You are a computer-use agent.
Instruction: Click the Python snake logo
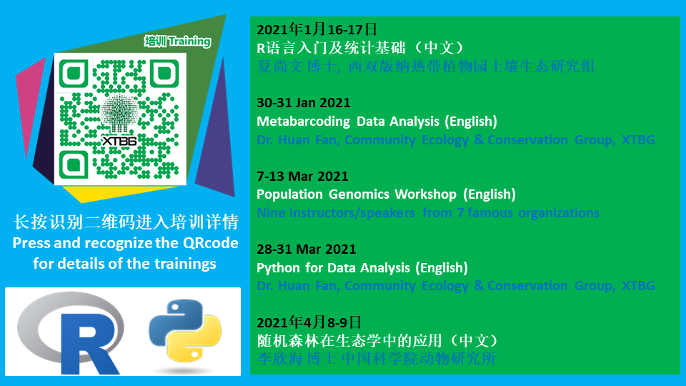[185, 330]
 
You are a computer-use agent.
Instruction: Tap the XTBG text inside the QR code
[119, 141]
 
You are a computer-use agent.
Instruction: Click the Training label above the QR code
[190, 41]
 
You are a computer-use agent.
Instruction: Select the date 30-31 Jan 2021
[303, 103]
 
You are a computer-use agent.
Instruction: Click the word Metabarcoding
[303, 122]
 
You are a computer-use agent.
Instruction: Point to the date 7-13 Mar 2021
[302, 177]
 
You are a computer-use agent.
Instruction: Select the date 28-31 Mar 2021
[307, 249]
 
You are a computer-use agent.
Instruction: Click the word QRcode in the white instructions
[210, 243]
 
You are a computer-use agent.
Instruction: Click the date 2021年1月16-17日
[317, 29]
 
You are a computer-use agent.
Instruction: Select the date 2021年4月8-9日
[309, 322]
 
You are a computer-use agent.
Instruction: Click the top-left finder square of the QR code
[74, 74]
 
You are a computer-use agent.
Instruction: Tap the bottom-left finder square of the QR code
[74, 164]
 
